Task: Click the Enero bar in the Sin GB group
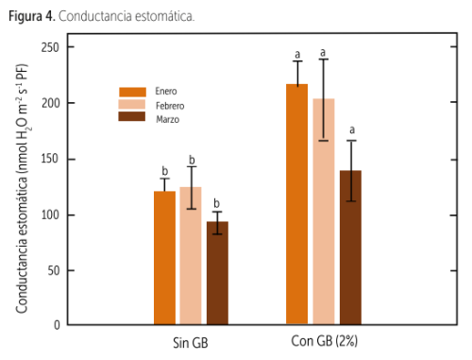pyautogui.click(x=164, y=258)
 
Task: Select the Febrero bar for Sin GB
pyautogui.click(x=191, y=255)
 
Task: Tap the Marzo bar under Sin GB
pyautogui.click(x=217, y=273)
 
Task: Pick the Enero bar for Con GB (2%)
pyautogui.click(x=296, y=204)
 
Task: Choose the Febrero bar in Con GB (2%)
pyautogui.click(x=324, y=212)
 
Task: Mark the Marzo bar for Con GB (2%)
pyautogui.click(x=350, y=248)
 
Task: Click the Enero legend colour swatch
pyautogui.click(x=132, y=92)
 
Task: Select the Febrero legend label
pyautogui.click(x=170, y=106)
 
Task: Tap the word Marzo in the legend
pyautogui.click(x=168, y=119)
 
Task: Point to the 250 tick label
pyautogui.click(x=50, y=47)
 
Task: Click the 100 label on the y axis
pyautogui.click(x=50, y=214)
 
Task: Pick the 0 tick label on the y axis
pyautogui.click(x=57, y=325)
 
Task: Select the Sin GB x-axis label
pyautogui.click(x=191, y=343)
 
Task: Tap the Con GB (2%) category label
pyautogui.click(x=325, y=341)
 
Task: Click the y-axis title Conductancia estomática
pyautogui.click(x=22, y=189)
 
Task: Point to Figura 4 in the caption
pyautogui.click(x=32, y=16)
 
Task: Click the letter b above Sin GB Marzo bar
pyautogui.click(x=216, y=203)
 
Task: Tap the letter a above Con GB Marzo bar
pyautogui.click(x=352, y=129)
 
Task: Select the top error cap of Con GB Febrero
pyautogui.click(x=324, y=60)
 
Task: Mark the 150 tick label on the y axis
pyautogui.click(x=50, y=159)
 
